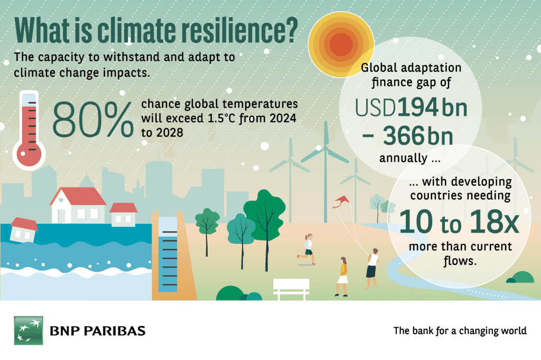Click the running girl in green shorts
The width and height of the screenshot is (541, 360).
[307, 249]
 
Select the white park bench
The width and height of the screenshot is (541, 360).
[291, 289]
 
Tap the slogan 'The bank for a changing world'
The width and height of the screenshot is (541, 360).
[460, 331]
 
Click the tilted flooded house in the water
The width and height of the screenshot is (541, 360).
[24, 229]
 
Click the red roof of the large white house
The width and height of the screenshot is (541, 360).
[78, 196]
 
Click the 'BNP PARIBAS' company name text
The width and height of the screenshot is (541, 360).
[98, 331]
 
